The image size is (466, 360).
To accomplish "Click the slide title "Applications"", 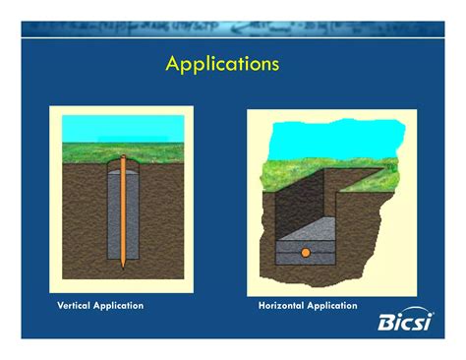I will point(222,65).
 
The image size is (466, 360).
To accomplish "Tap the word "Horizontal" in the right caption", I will point(281,306).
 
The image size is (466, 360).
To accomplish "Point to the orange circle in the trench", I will point(306,253).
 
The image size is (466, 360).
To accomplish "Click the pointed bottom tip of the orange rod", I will point(123,266).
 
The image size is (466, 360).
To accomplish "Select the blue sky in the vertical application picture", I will point(123,128).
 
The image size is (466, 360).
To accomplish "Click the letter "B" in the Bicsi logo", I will point(387,322).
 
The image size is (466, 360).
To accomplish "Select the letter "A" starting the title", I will point(173,64).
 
